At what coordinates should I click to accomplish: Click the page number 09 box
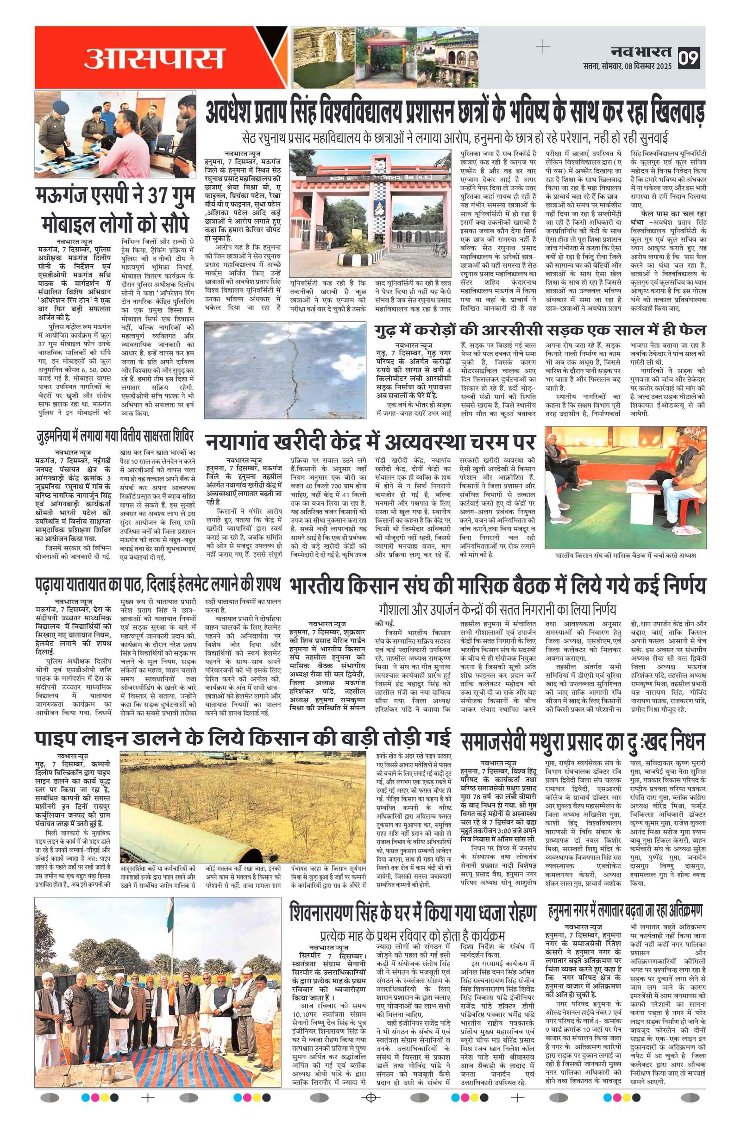tap(689, 57)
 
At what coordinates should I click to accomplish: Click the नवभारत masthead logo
tap(641, 51)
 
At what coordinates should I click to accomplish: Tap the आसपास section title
tap(153, 58)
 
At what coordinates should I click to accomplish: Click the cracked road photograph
tap(285, 370)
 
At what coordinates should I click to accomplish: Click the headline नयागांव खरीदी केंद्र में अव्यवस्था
tap(370, 442)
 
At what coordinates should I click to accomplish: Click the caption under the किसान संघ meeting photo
tap(625, 555)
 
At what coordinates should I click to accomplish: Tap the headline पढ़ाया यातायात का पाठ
tap(157, 585)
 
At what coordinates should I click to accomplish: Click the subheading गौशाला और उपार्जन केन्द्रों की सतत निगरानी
tap(497, 609)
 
